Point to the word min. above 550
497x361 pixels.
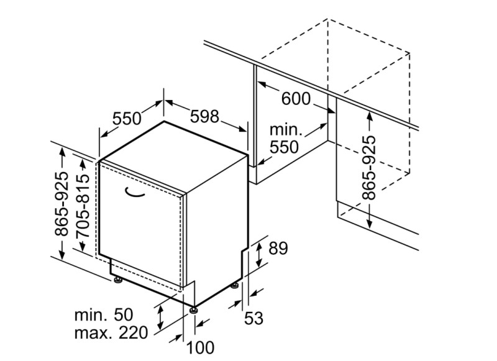[285, 130]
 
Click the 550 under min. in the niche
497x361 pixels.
[285, 147]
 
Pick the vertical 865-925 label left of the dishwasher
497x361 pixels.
[62, 205]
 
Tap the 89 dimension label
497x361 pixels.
[278, 249]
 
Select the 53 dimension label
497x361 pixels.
[253, 319]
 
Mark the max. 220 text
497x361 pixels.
[111, 332]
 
